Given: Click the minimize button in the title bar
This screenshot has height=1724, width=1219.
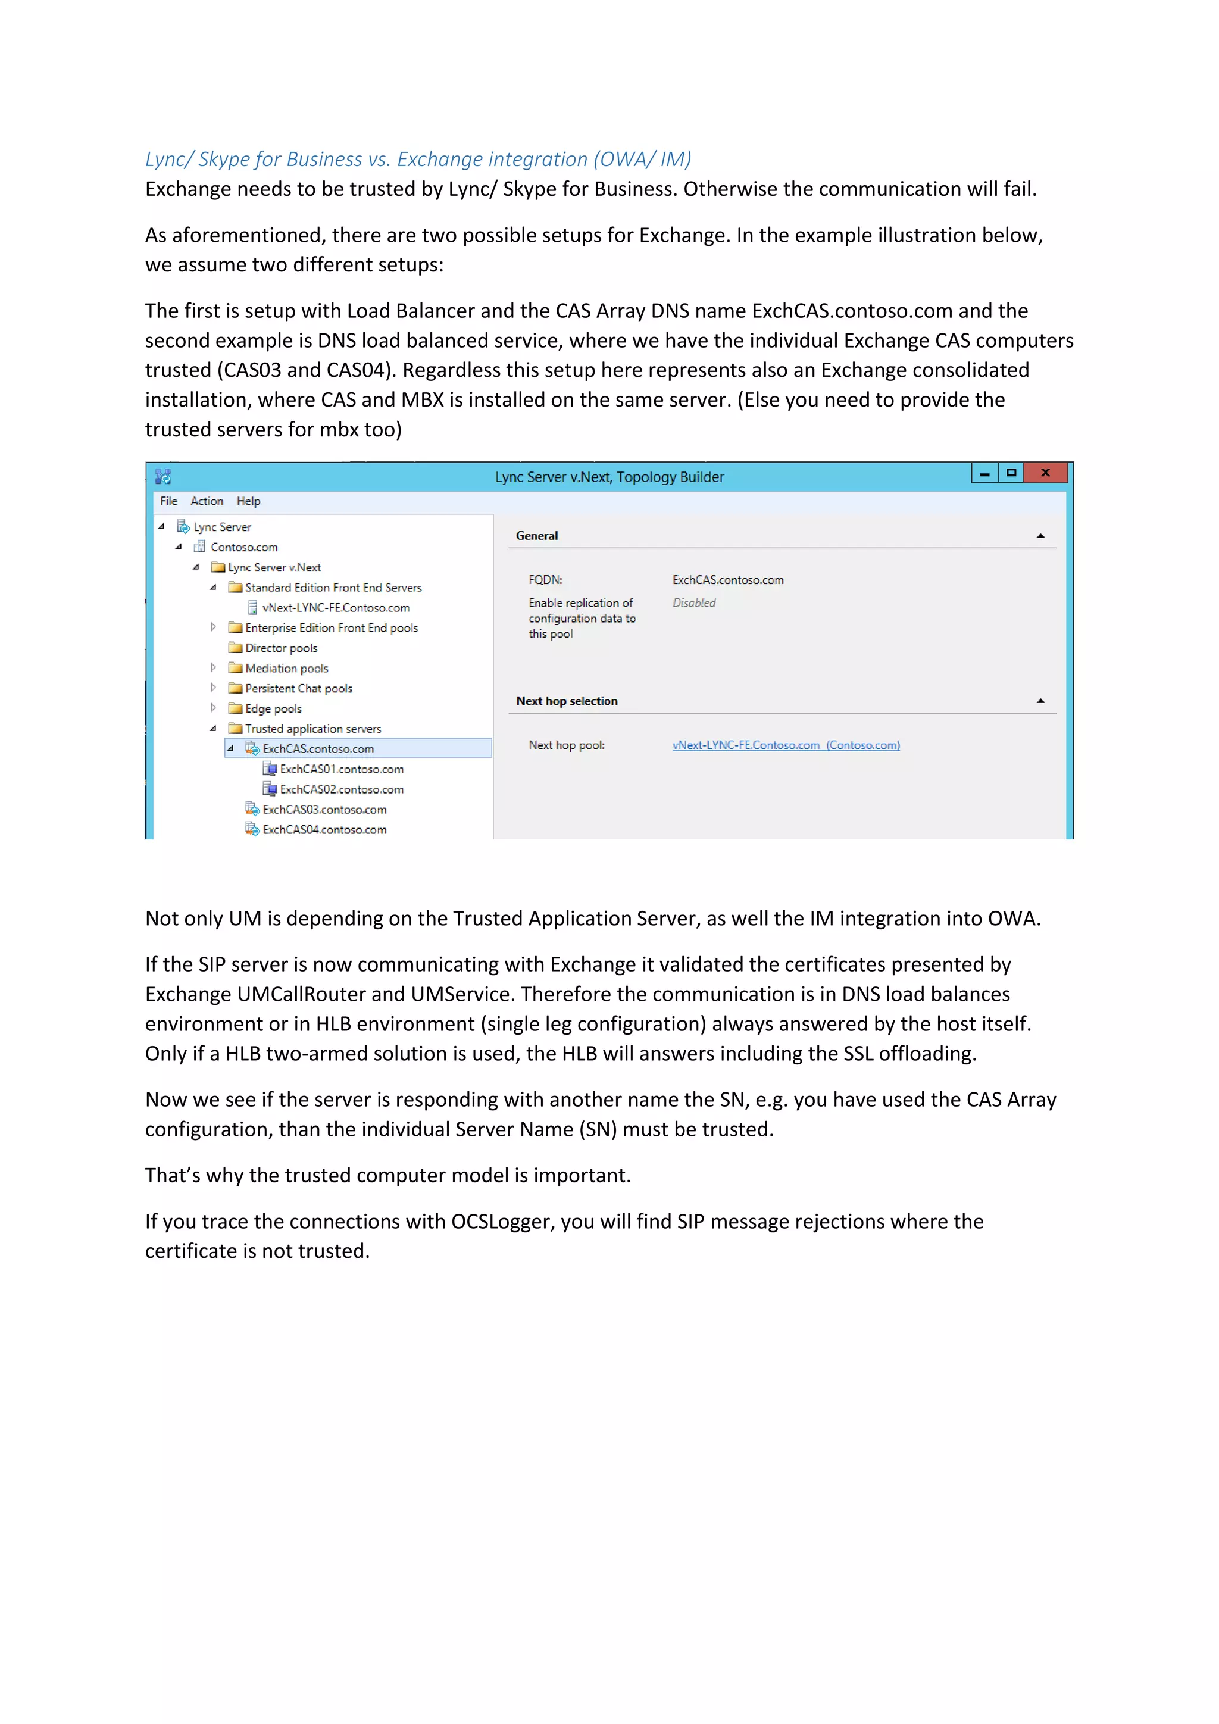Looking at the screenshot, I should (984, 473).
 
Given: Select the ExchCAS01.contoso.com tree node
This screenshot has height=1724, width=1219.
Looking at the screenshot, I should (341, 770).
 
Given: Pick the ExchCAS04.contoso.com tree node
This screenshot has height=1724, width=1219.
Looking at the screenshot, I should (324, 830).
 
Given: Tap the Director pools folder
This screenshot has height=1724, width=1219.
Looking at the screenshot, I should (281, 649).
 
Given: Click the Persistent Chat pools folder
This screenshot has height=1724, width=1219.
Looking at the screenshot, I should (298, 689).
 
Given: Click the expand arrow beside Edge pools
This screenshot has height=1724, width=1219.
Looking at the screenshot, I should (213, 708).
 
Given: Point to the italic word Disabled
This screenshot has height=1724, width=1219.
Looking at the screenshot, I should (693, 603).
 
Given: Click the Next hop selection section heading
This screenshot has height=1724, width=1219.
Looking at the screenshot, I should (567, 701).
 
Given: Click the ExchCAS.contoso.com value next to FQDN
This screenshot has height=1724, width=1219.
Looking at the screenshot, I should (727, 580).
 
